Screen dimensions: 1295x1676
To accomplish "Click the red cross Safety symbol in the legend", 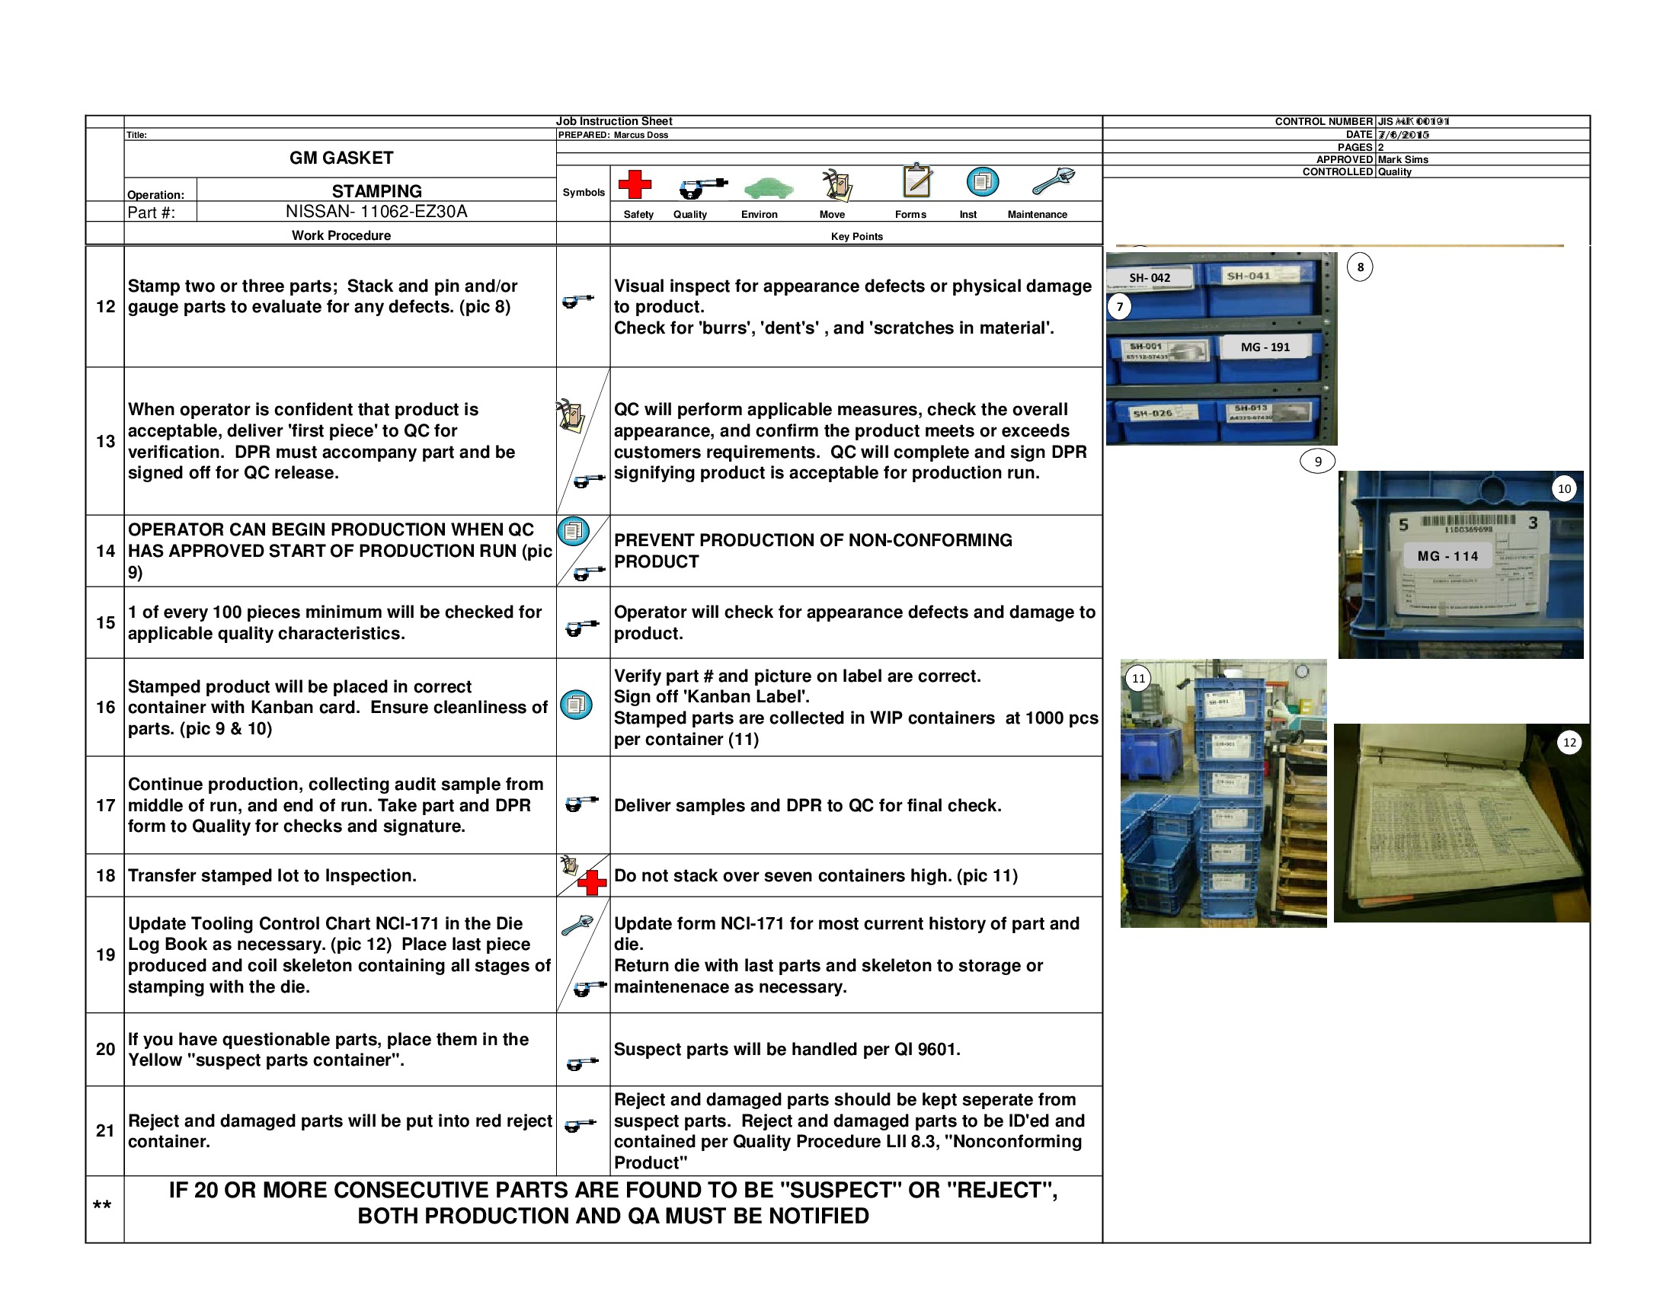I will [x=634, y=184].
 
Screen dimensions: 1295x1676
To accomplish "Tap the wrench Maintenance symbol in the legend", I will [x=1053, y=181].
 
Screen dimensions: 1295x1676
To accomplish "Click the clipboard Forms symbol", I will [x=917, y=181].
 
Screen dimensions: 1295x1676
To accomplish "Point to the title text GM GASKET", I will [x=341, y=158].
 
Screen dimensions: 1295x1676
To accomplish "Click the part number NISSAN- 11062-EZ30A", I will [x=376, y=212].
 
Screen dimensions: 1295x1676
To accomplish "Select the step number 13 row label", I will [x=105, y=441].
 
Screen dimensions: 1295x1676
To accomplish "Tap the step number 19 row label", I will [x=105, y=954].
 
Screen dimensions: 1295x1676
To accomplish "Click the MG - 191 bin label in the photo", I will [x=1265, y=347].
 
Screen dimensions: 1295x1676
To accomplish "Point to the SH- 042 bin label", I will [x=1149, y=278].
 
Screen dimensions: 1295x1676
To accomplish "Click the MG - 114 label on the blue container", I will [x=1447, y=556].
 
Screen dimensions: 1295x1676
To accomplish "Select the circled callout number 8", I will [x=1360, y=267].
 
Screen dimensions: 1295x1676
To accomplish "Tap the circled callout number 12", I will [x=1569, y=742].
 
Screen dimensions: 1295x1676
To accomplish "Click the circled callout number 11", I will [x=1138, y=678].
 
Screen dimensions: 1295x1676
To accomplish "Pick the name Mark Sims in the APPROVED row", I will [x=1403, y=159].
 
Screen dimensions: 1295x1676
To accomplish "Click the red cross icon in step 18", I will [x=592, y=882].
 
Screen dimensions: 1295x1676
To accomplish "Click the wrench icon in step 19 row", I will [x=577, y=926].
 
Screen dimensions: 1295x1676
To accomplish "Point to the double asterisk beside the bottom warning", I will [x=102, y=1206].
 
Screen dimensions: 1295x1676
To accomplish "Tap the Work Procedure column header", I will [x=341, y=235].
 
